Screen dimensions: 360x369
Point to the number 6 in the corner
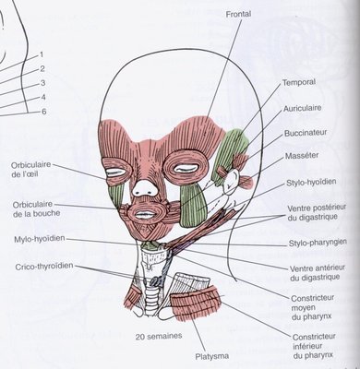43,112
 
